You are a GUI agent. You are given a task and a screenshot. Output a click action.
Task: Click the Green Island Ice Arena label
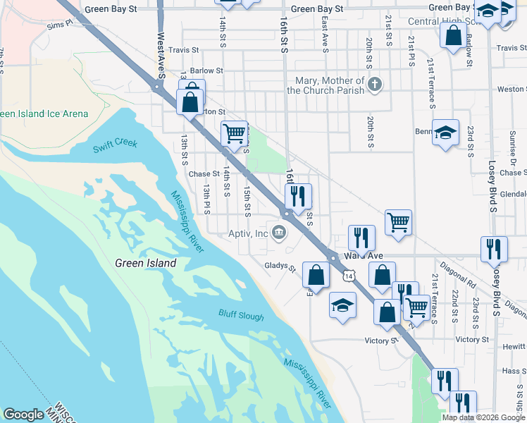pyautogui.click(x=44, y=114)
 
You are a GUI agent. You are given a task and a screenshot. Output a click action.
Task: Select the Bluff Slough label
pyautogui.click(x=241, y=317)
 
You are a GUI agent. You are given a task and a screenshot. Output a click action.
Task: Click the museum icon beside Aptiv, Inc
pyautogui.click(x=280, y=232)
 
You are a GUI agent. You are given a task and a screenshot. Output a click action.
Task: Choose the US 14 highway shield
pyautogui.click(x=349, y=276)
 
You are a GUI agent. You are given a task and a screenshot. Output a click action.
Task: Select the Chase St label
pyautogui.click(x=204, y=173)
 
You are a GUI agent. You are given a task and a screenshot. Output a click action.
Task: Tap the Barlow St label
pyautogui.click(x=206, y=70)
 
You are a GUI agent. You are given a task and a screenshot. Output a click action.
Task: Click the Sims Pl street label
pyautogui.click(x=60, y=25)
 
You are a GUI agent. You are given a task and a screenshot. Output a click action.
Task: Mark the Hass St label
pyautogui.click(x=514, y=371)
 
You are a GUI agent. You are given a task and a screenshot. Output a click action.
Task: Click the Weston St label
pyautogui.click(x=512, y=90)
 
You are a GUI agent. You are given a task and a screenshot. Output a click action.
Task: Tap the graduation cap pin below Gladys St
pyautogui.click(x=342, y=305)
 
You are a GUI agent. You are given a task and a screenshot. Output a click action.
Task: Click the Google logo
pyautogui.click(x=23, y=415)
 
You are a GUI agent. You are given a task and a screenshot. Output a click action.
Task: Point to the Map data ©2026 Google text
pyautogui.click(x=484, y=417)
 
